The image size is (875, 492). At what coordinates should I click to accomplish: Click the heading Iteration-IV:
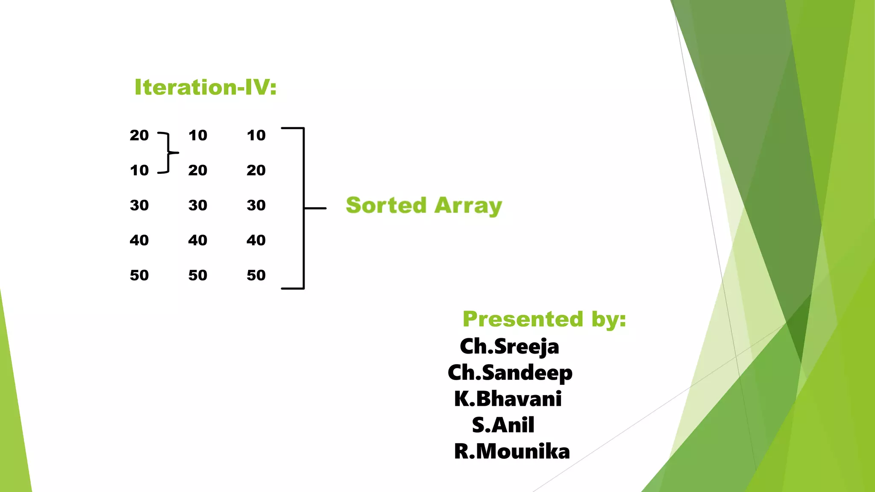coord(206,87)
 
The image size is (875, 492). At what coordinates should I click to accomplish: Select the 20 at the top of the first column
coord(139,135)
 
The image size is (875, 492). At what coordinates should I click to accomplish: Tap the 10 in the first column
coord(139,170)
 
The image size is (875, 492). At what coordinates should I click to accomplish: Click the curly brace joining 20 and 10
coord(168,152)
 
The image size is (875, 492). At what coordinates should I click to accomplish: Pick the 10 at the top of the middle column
coord(198,135)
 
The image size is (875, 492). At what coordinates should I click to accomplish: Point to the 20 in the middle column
coord(198,170)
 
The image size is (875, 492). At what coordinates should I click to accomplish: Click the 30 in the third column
coord(256,205)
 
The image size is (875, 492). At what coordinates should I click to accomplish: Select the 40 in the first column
coord(139,240)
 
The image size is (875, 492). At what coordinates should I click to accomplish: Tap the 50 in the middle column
coord(198,275)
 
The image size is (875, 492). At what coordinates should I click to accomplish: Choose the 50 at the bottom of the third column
coord(256,275)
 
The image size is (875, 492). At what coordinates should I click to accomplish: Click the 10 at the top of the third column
coord(256,135)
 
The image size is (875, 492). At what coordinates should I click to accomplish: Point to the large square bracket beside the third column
coord(303,208)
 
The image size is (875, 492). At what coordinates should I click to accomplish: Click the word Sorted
coord(386,205)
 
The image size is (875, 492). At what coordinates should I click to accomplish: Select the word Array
coord(468,206)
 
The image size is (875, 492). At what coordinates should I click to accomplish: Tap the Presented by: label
coord(544,319)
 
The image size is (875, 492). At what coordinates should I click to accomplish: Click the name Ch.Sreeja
coord(509,346)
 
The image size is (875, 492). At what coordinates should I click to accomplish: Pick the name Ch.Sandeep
coord(510,373)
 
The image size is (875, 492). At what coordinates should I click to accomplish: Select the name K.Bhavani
coord(508,399)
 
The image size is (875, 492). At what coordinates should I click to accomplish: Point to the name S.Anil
coord(503,425)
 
